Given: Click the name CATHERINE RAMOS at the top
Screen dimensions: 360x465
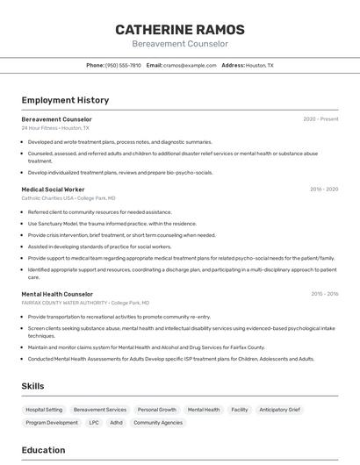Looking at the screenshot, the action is tap(180, 30).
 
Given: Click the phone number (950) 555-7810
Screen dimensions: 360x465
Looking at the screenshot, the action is tap(122, 65).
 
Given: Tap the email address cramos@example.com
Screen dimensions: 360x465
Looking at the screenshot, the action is tap(190, 65).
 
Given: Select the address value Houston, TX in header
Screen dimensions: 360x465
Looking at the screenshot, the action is tap(259, 65).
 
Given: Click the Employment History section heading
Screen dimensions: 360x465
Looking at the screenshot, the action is tap(65, 101).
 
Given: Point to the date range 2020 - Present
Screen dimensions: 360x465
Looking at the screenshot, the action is tap(320, 119).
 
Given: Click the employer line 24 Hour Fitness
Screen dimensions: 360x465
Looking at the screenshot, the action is tap(55, 128).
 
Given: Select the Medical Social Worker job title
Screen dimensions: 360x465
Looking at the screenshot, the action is tap(53, 190).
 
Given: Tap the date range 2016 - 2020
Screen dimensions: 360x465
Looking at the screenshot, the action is tap(324, 190).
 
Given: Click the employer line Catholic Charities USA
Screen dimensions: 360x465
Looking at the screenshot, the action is tap(68, 198).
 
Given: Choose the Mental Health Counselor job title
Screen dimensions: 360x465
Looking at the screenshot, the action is tap(57, 294).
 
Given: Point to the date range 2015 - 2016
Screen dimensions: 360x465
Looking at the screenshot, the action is tap(324, 294).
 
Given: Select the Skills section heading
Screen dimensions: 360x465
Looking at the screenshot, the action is tap(33, 386).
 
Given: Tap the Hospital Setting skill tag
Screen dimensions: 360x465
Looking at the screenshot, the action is tap(44, 410).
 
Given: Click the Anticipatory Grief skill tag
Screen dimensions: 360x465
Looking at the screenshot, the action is tap(279, 410).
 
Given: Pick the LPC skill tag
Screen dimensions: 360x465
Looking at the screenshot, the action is tap(94, 423).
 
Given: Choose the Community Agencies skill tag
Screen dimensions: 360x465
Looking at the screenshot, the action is tap(158, 423).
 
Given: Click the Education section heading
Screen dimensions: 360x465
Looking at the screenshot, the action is tap(43, 450).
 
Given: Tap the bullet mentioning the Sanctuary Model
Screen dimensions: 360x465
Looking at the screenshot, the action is tap(112, 224).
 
